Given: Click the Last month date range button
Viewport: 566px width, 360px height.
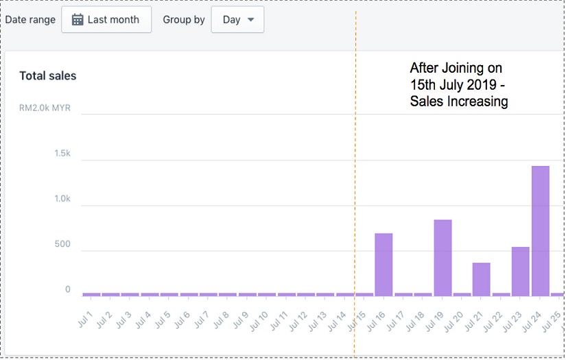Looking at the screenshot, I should [x=106, y=20].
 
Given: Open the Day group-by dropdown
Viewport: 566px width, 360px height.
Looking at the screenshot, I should [x=237, y=20].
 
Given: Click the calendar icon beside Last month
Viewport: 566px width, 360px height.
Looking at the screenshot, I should [x=78, y=20].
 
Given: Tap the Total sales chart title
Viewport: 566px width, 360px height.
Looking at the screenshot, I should [x=48, y=76].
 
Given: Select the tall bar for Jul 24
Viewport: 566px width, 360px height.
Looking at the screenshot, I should [x=541, y=230].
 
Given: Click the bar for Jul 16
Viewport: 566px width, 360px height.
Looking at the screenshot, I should [x=384, y=264].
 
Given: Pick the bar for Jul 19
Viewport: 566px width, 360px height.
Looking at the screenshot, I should [x=443, y=257].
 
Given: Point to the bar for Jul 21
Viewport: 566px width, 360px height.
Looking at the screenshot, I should [x=482, y=279].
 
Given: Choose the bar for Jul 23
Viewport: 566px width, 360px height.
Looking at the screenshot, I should [x=521, y=271].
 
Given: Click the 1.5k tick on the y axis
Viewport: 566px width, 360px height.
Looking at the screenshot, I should [x=62, y=154].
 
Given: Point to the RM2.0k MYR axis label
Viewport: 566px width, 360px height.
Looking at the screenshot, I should [x=45, y=108].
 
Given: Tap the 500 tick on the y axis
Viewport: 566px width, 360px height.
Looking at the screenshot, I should [x=62, y=244].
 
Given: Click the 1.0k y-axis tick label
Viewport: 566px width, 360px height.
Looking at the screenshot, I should [x=62, y=199].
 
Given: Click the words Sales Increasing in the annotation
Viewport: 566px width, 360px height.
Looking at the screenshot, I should [x=459, y=102].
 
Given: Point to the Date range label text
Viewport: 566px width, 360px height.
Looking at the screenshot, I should [x=30, y=20].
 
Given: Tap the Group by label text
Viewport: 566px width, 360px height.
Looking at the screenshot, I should [x=184, y=20].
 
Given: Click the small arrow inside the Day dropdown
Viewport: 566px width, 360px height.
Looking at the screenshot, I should [x=250, y=20].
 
